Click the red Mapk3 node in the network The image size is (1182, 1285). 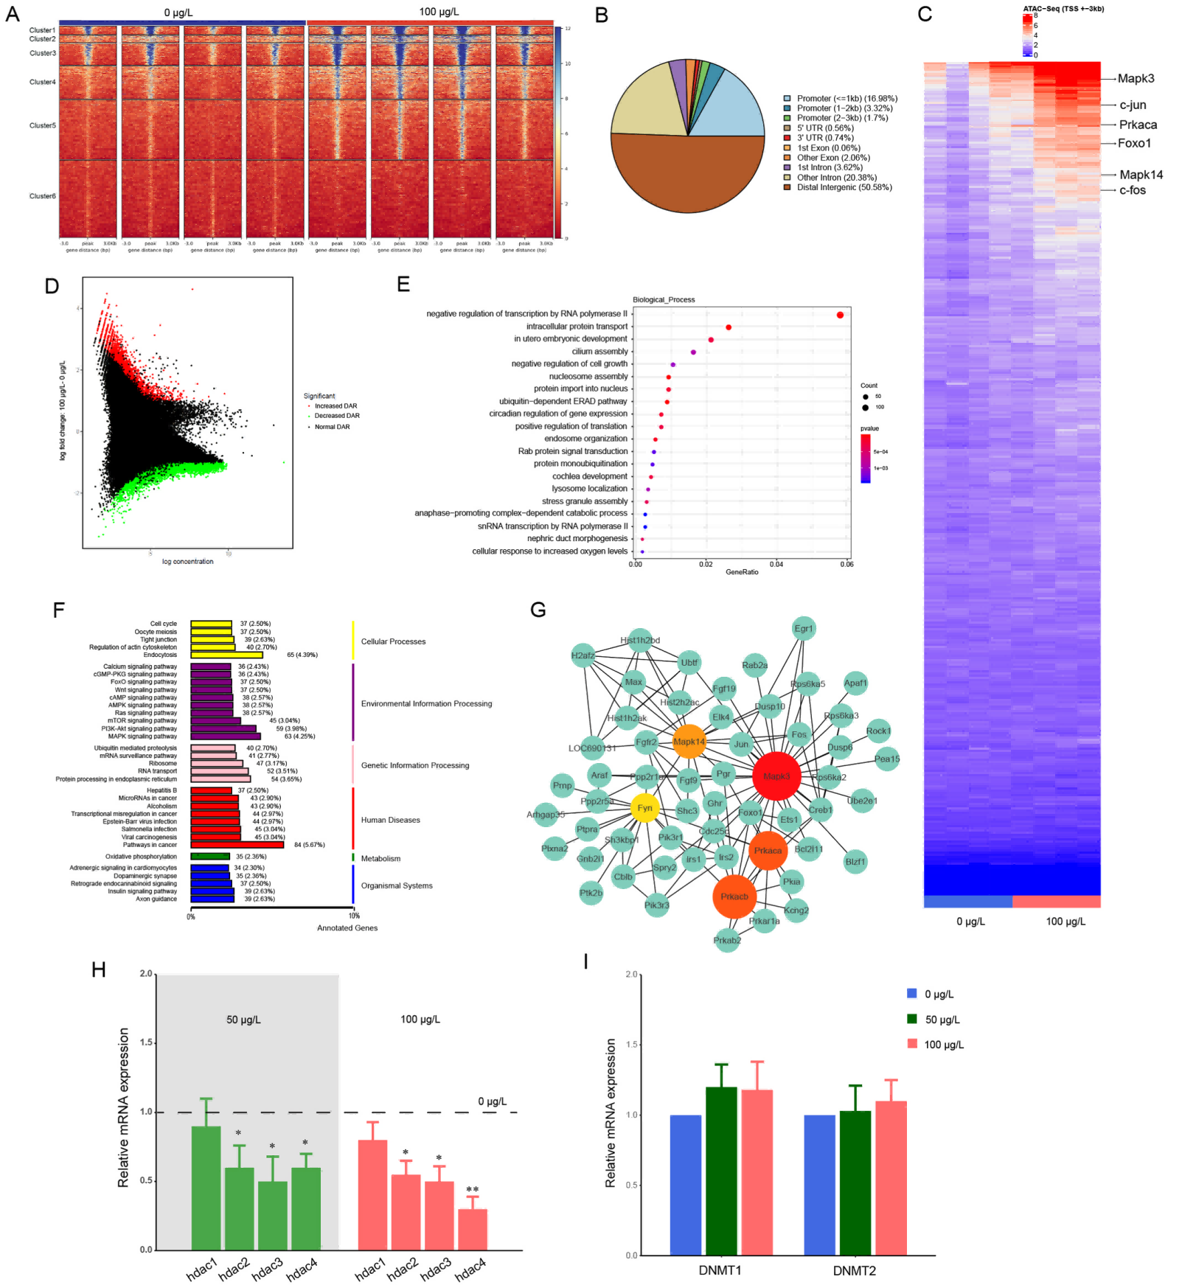(x=776, y=776)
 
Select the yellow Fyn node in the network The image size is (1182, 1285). (x=645, y=808)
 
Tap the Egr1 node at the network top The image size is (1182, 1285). (x=803, y=629)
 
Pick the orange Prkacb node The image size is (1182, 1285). (x=734, y=896)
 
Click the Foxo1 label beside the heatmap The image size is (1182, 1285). (x=1134, y=143)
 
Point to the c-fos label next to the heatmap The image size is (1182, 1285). (x=1133, y=190)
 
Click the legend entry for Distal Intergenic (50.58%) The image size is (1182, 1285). (x=844, y=187)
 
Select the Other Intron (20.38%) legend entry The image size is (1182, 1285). (x=836, y=178)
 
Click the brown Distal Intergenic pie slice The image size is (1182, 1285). (x=686, y=177)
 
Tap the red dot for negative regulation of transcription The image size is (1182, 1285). (x=840, y=315)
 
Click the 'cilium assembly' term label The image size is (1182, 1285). (x=600, y=352)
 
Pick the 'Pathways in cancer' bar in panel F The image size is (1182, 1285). (x=237, y=845)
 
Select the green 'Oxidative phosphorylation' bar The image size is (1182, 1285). (x=210, y=857)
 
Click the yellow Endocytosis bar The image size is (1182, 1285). (x=226, y=655)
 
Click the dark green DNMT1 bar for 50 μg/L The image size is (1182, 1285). (x=721, y=1171)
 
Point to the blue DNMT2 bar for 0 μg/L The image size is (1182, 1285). (x=819, y=1185)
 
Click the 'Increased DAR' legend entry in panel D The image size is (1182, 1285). (x=336, y=406)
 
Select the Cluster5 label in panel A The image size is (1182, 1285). (x=43, y=126)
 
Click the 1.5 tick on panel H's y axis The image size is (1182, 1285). (x=146, y=1043)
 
